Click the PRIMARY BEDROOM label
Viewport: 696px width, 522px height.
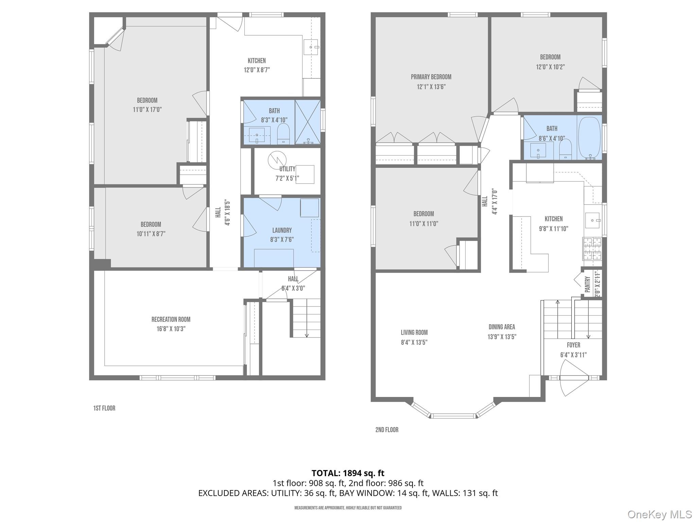pyautogui.click(x=431, y=77)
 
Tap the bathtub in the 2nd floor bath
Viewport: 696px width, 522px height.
pyautogui.click(x=589, y=138)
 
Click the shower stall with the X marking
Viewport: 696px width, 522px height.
pyautogui.click(x=308, y=122)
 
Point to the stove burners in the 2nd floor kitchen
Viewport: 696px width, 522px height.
pyautogui.click(x=592, y=248)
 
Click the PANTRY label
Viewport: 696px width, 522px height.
pyautogui.click(x=588, y=284)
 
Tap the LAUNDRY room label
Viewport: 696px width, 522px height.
pyautogui.click(x=282, y=230)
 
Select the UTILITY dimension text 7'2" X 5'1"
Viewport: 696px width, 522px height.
pyautogui.click(x=287, y=178)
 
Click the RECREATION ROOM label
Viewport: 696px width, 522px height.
pyautogui.click(x=171, y=319)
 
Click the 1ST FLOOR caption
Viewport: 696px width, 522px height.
pyautogui.click(x=104, y=408)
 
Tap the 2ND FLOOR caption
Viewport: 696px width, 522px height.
pyautogui.click(x=387, y=430)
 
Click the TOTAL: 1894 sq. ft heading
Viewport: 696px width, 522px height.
pyautogui.click(x=348, y=473)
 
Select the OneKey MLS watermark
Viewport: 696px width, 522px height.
pyautogui.click(x=660, y=514)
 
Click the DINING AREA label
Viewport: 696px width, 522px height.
pyautogui.click(x=502, y=327)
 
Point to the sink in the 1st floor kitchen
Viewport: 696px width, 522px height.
pyautogui.click(x=311, y=47)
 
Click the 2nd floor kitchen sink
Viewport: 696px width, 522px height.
pyautogui.click(x=592, y=221)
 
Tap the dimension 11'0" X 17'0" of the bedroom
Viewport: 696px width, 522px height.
pyautogui.click(x=147, y=110)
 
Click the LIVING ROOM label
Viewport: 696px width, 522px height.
pyautogui.click(x=414, y=333)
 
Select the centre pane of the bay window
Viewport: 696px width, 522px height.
pyautogui.click(x=453, y=416)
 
